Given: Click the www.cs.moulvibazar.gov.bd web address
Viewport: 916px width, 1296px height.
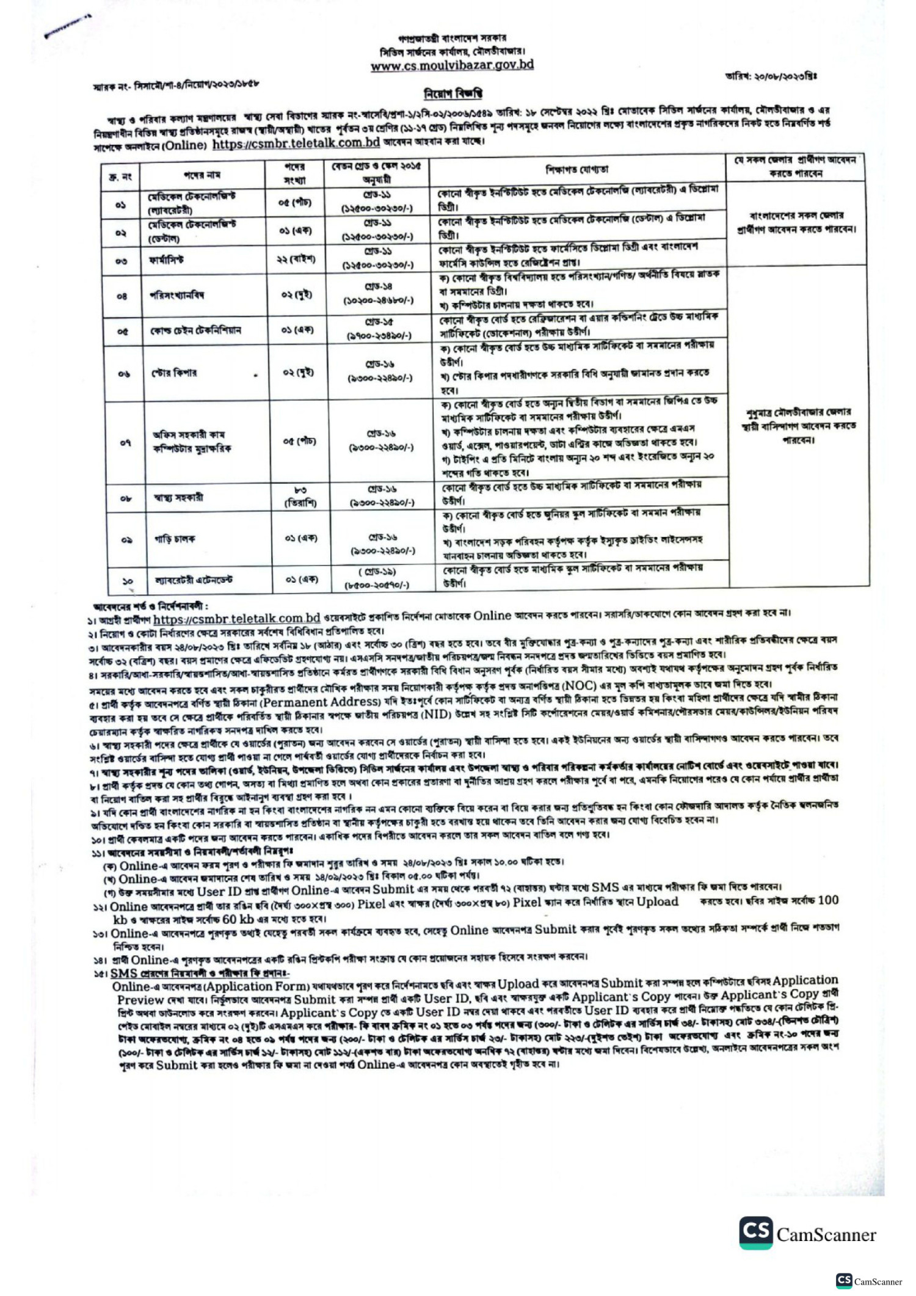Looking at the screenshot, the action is [452, 65].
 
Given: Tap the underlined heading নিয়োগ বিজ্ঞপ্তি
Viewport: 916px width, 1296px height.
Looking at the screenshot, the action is [453, 93].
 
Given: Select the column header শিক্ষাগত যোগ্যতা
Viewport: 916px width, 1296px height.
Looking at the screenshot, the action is [576, 169].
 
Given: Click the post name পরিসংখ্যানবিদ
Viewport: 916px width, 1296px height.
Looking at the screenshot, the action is [177, 295].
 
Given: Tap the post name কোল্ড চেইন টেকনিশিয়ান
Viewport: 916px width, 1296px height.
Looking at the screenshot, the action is [195, 330].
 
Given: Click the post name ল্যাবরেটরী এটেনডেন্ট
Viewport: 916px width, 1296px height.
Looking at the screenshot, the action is [194, 579].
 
